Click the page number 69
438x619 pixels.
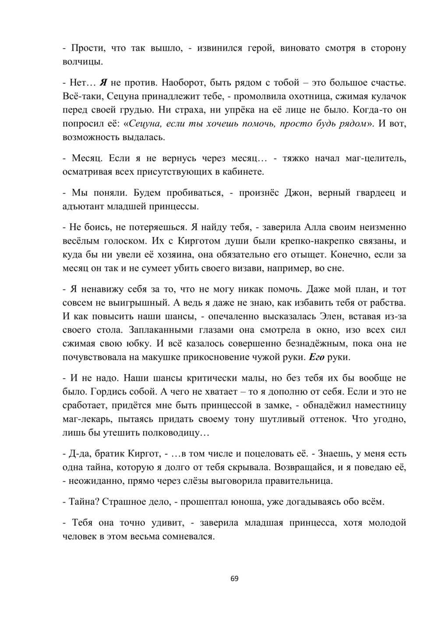click(234, 579)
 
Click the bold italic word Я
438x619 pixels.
click(104, 83)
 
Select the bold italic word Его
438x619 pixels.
click(316, 357)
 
